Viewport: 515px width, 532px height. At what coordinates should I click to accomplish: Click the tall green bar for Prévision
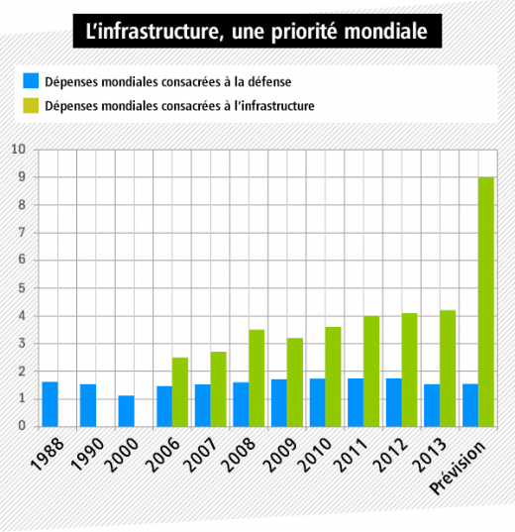click(486, 301)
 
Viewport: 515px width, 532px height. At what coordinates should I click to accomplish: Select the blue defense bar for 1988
click(50, 404)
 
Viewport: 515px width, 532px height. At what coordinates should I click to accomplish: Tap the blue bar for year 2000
click(126, 411)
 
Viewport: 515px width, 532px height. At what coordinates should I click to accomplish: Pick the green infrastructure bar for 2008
click(257, 378)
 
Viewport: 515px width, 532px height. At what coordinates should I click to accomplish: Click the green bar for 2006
click(180, 392)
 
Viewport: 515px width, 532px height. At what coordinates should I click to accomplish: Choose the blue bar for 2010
click(318, 402)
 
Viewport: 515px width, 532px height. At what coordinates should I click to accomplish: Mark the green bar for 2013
click(448, 369)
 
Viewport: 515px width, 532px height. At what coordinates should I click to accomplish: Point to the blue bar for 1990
click(88, 405)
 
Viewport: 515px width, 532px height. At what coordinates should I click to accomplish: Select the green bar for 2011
click(371, 372)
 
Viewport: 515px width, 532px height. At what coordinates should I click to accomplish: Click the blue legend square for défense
click(31, 81)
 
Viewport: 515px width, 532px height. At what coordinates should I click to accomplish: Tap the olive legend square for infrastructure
click(31, 106)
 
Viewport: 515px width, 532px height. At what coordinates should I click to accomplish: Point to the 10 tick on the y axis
click(18, 149)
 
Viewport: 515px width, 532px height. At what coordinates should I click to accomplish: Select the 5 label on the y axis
click(22, 288)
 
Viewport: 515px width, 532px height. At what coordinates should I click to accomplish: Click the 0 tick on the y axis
click(22, 426)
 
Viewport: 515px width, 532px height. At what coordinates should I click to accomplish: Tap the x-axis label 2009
click(280, 455)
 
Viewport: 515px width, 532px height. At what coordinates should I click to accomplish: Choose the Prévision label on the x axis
click(458, 468)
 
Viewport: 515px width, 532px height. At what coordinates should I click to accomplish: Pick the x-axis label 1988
click(47, 454)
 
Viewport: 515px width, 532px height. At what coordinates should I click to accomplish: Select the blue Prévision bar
click(470, 405)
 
